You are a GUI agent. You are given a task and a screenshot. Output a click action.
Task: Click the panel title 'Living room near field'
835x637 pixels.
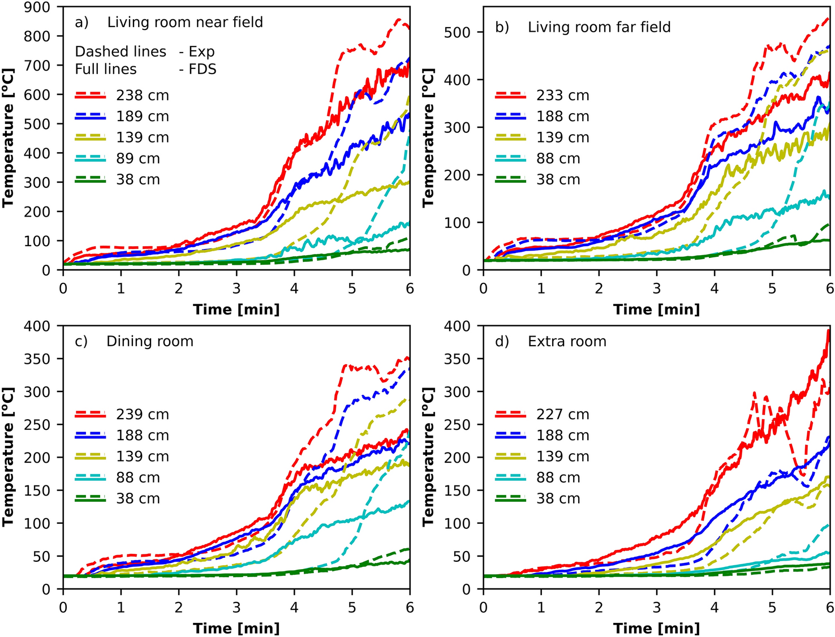(185, 22)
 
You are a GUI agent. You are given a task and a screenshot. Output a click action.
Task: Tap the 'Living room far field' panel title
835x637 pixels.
(599, 27)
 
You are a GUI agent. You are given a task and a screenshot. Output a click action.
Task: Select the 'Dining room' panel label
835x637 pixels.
(150, 342)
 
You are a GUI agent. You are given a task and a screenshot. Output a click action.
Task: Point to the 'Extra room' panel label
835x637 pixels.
(567, 342)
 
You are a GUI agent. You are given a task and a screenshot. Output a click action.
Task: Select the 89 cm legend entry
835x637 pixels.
(138, 159)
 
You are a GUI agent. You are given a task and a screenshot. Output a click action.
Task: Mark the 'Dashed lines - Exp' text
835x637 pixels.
(145, 51)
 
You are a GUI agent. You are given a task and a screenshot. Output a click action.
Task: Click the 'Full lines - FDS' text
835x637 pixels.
(145, 69)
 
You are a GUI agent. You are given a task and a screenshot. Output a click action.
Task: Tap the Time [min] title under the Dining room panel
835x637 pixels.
(236, 628)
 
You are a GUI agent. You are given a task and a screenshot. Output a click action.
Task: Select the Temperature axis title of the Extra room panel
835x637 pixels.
(428, 457)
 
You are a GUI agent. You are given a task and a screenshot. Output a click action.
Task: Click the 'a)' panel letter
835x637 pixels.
(82, 22)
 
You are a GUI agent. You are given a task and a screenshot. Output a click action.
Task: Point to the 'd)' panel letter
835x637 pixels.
(502, 342)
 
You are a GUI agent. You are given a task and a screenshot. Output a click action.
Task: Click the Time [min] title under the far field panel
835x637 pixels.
(657, 309)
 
